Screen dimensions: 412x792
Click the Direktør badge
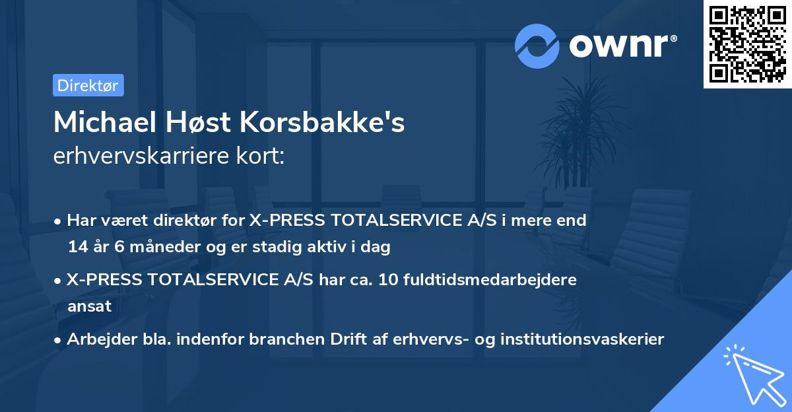pos(88,85)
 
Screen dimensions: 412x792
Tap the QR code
pos(748,44)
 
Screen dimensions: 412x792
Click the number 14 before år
pos(77,248)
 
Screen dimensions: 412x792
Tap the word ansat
pos(89,306)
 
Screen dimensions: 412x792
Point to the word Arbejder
pos(100,339)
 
